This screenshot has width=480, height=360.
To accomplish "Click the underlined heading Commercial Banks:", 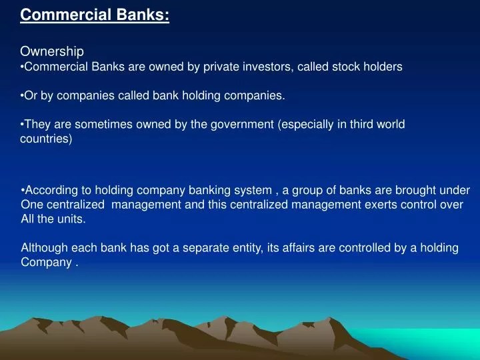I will [95, 15].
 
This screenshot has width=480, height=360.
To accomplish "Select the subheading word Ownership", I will [52, 51].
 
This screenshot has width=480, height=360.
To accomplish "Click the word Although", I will [43, 248].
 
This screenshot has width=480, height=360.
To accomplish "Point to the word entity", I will [246, 248].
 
